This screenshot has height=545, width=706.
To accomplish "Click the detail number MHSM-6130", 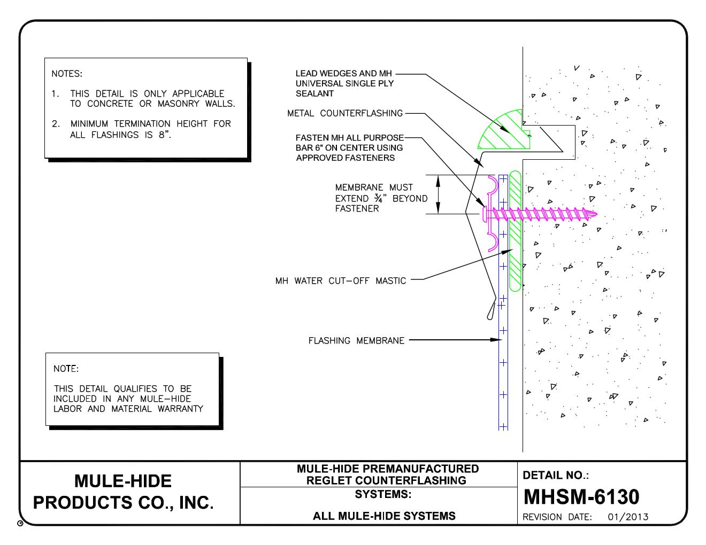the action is [581, 496].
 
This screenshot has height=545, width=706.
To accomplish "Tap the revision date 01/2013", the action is [628, 517].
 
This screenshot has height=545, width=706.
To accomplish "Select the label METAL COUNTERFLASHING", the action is [345, 113].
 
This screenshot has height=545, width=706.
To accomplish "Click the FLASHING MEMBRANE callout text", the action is [356, 340].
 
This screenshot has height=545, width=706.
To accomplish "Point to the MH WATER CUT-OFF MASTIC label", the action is [341, 281].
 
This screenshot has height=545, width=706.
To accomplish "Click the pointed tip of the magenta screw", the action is [596, 214].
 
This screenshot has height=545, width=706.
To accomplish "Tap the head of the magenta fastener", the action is [485, 215].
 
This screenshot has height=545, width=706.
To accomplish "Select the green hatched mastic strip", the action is [515, 231].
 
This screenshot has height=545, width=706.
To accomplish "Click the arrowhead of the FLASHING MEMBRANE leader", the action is [496, 340].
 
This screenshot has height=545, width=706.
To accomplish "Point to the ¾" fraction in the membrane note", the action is [378, 198].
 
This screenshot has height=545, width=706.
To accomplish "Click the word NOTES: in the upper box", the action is [67, 74].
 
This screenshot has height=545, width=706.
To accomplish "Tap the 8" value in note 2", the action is [164, 135].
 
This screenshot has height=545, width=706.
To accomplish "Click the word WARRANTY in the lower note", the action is [180, 409].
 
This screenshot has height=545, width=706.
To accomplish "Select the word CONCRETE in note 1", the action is [110, 104].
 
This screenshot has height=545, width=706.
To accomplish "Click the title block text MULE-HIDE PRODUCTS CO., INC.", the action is [123, 492].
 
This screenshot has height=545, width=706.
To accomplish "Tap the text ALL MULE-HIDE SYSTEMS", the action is [384, 516].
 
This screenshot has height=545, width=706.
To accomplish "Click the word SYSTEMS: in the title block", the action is [383, 494].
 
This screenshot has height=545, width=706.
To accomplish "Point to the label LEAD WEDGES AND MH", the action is [344, 73].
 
